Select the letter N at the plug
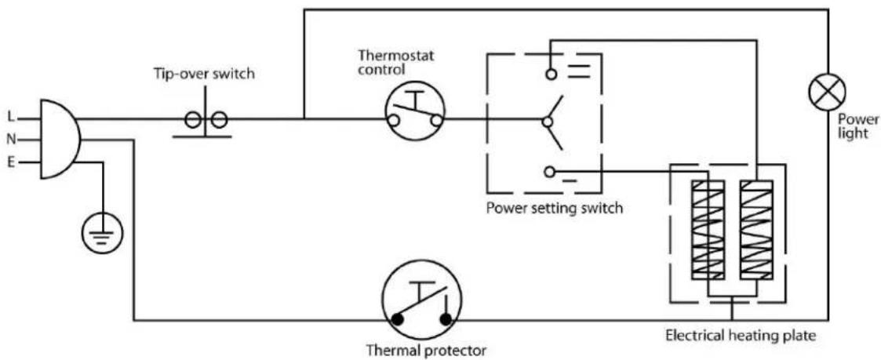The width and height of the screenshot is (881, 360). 10,140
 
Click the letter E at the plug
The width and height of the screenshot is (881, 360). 10,162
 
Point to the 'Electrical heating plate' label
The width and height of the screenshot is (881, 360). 741,336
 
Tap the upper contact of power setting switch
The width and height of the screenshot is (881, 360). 552,74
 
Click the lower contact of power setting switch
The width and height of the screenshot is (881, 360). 552,170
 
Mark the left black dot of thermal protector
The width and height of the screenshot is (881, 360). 399,319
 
